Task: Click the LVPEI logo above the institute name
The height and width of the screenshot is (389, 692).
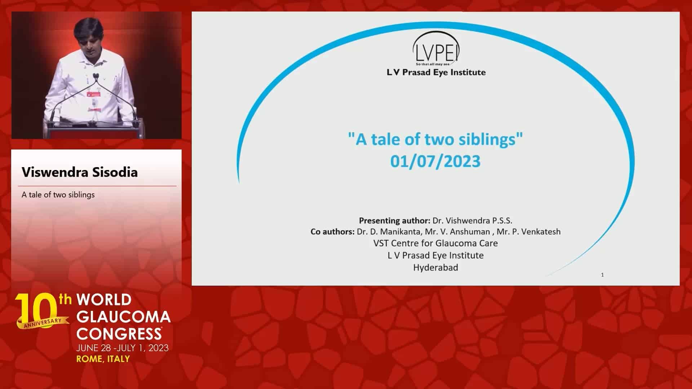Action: click(436, 48)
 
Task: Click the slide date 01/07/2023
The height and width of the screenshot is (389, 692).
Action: click(435, 161)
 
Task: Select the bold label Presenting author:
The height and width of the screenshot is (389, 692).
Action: click(394, 220)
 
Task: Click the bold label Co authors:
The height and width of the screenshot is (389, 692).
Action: click(332, 232)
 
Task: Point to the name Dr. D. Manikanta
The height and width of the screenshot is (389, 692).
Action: click(389, 232)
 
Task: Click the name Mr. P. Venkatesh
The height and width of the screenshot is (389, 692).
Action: click(528, 232)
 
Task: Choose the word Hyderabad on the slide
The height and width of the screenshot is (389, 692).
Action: click(435, 268)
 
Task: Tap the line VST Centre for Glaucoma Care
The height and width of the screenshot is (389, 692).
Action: click(435, 243)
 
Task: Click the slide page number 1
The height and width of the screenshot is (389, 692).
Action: click(602, 275)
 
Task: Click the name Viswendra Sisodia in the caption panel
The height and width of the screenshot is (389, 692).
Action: click(80, 172)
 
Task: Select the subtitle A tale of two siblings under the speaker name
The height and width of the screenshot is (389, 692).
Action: click(58, 194)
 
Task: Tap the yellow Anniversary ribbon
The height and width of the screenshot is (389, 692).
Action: click(43, 322)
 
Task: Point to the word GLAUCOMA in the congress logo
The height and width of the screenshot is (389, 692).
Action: click(124, 317)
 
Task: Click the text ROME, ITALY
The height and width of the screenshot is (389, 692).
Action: click(103, 359)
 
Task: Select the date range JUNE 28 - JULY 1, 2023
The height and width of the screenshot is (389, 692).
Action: click(122, 348)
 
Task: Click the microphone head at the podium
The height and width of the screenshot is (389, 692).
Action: click(96, 76)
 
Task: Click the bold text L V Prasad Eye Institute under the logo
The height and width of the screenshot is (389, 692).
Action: click(436, 72)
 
